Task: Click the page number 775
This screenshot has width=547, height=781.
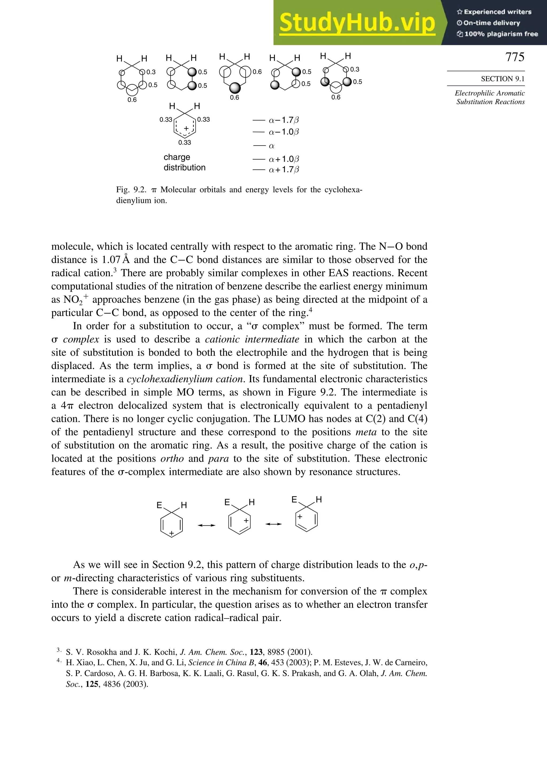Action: [514, 57]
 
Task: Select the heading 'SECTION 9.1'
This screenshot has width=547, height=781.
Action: [502, 79]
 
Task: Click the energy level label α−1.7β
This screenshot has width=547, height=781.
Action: [284, 120]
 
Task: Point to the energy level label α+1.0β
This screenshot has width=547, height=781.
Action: [284, 159]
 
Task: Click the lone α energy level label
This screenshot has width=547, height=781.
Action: [271, 146]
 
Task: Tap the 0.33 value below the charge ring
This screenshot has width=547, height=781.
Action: [185, 143]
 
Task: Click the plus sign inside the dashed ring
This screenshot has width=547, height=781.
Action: [186, 128]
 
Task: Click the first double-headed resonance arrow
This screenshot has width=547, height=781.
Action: [207, 525]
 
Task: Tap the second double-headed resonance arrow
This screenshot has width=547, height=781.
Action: [274, 524]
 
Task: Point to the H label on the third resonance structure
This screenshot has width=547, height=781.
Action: [319, 500]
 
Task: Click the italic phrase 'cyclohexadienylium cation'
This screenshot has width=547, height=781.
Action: [185, 379]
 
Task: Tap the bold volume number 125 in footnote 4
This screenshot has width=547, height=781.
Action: [92, 684]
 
